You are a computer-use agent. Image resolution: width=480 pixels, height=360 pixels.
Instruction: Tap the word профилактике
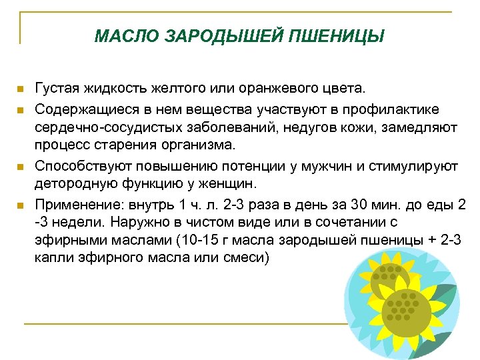397,107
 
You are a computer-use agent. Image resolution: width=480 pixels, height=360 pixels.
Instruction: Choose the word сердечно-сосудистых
98,127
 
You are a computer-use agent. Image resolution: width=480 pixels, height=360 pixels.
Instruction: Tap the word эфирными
67,241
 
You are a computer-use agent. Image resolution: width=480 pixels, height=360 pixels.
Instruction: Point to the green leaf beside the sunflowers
445,293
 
